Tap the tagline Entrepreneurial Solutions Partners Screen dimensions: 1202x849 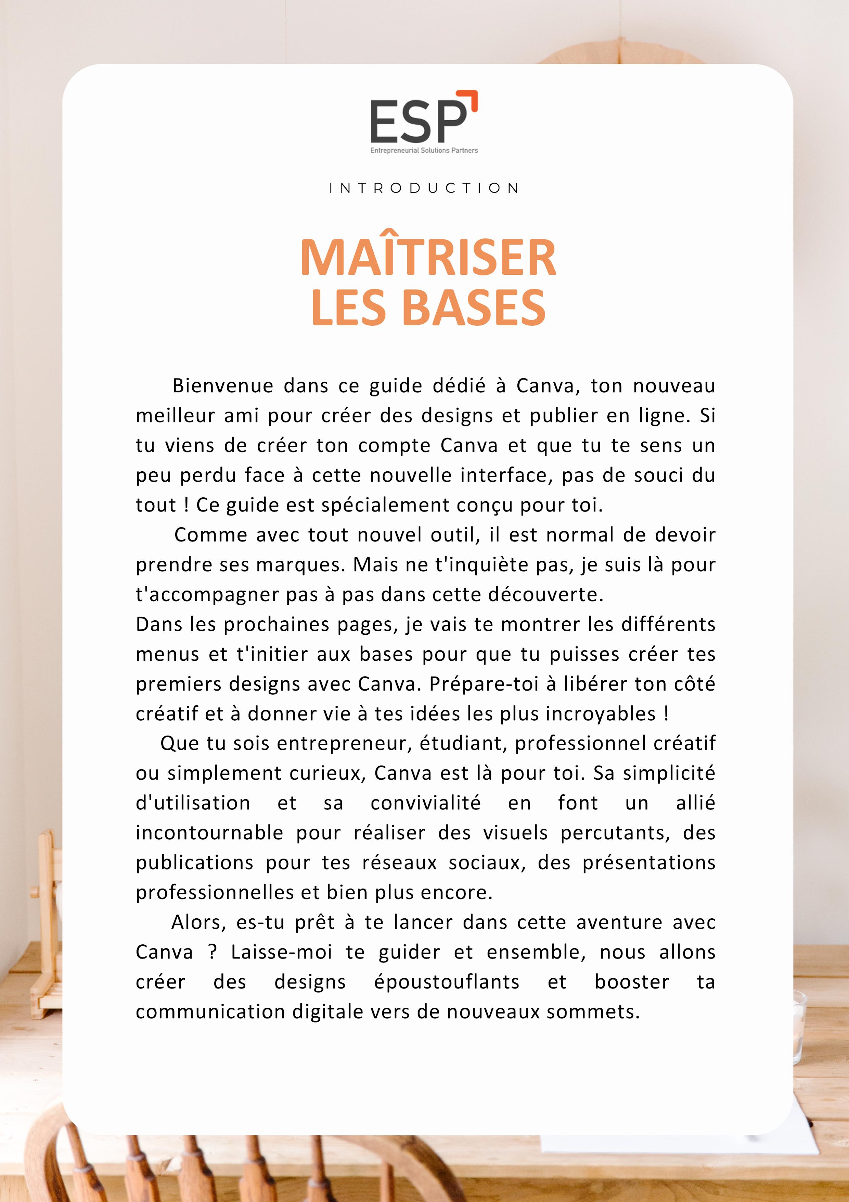(424, 150)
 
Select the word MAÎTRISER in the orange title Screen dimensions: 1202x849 (428, 258)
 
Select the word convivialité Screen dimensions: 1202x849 (425, 803)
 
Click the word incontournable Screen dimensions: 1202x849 (209, 833)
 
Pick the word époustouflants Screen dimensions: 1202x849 (447, 982)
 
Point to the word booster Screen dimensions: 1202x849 (632, 982)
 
